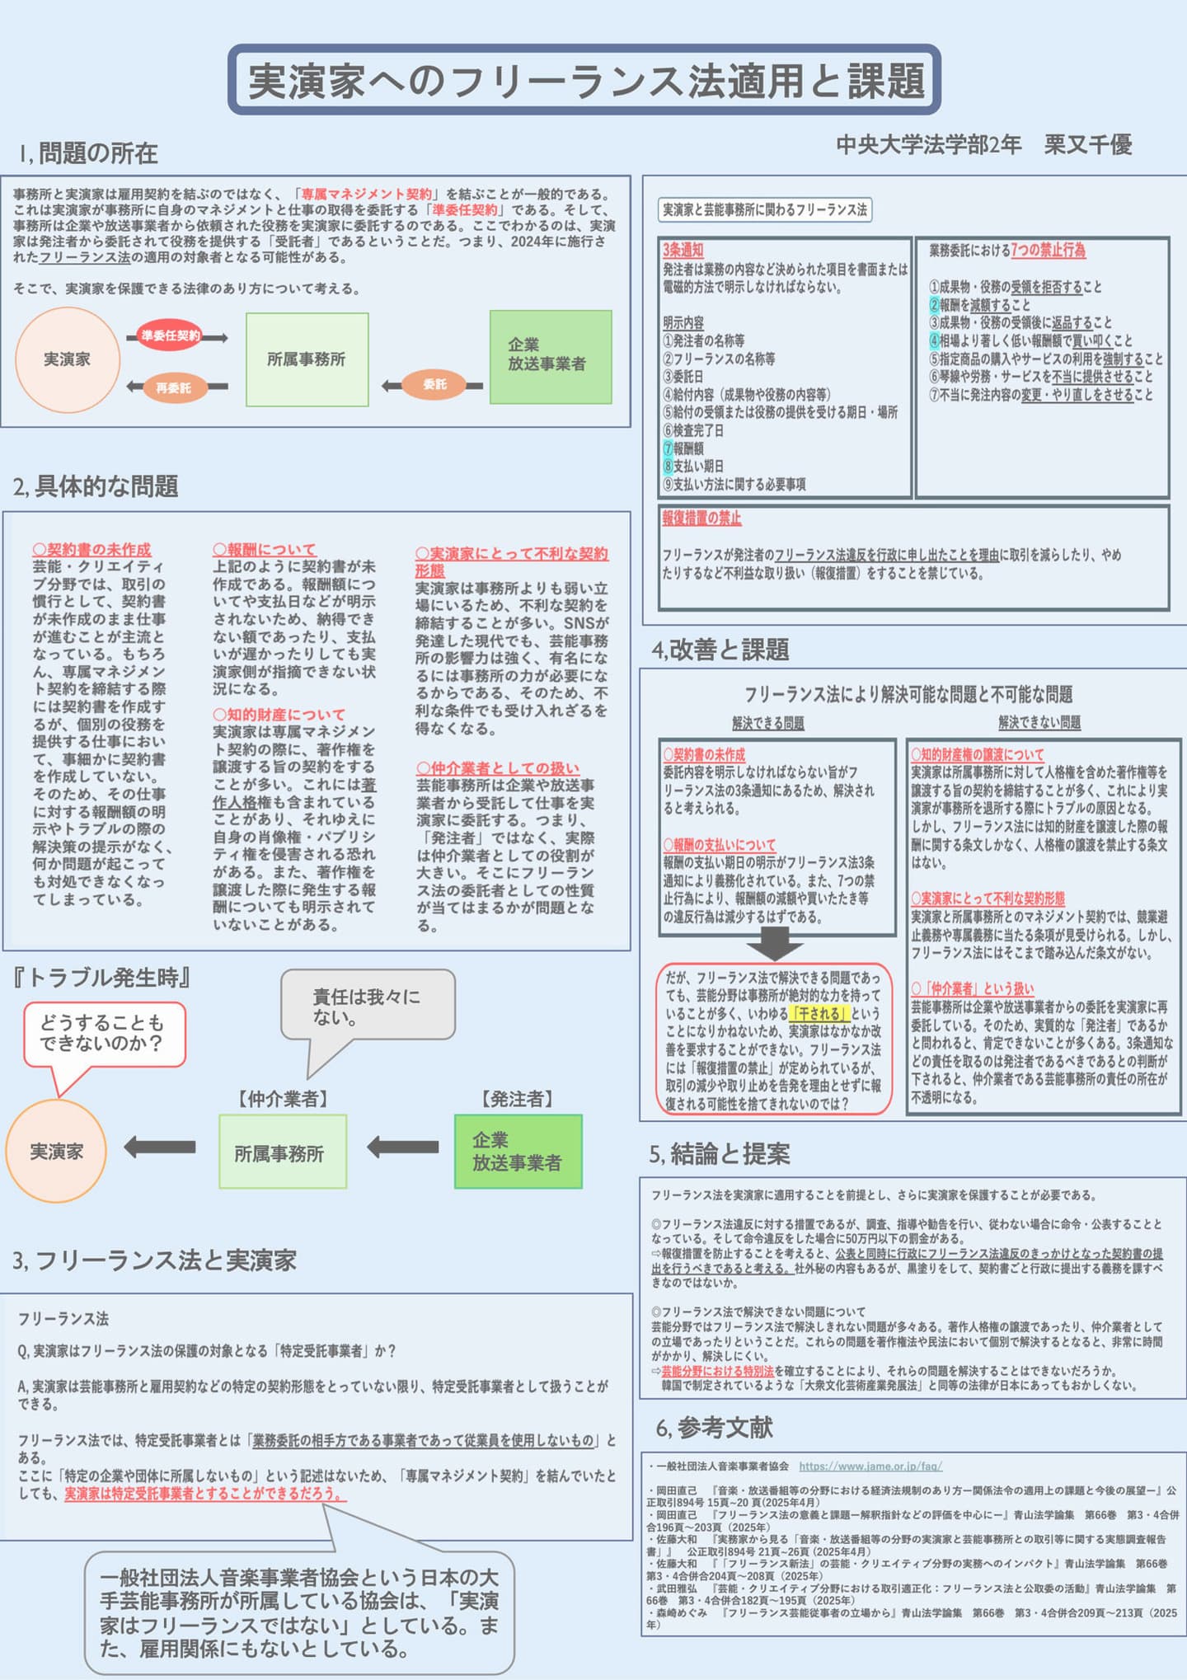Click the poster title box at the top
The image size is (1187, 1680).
tap(584, 80)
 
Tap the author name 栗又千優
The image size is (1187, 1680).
tap(1087, 145)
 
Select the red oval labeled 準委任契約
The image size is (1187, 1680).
tap(170, 336)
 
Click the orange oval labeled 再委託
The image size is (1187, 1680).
tap(173, 387)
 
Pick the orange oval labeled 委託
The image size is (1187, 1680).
tap(434, 384)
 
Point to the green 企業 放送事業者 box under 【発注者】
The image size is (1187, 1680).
tap(518, 1152)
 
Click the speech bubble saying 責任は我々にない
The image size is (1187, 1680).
tap(368, 1007)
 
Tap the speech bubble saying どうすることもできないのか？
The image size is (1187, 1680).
tap(103, 1033)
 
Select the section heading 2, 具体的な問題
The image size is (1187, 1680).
tap(96, 486)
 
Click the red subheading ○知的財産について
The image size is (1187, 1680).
tap(279, 715)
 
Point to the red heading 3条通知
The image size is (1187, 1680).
tap(683, 250)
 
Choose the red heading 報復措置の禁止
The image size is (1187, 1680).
tap(701, 519)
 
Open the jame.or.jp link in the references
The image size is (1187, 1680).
tap(870, 1466)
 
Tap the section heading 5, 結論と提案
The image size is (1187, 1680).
tap(720, 1154)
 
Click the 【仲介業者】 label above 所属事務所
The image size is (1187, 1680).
tap(283, 1099)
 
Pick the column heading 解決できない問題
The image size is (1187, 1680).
tap(1039, 723)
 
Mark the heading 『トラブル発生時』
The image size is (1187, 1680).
tap(101, 978)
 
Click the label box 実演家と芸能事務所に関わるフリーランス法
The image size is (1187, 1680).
tap(765, 210)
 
